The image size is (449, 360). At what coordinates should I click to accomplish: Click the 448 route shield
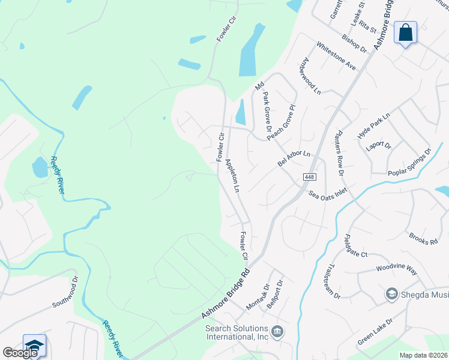[x=309, y=177]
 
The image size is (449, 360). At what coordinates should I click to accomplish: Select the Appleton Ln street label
[x=232, y=176]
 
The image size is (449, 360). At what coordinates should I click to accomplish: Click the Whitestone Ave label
[x=336, y=56]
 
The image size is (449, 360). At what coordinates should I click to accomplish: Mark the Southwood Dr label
[x=65, y=292]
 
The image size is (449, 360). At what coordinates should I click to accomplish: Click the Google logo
[x=20, y=353]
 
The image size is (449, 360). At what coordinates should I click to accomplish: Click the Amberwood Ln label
[x=310, y=76]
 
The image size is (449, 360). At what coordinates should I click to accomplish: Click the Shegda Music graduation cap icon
[x=391, y=293]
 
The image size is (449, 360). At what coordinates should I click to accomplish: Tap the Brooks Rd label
[x=423, y=238]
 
